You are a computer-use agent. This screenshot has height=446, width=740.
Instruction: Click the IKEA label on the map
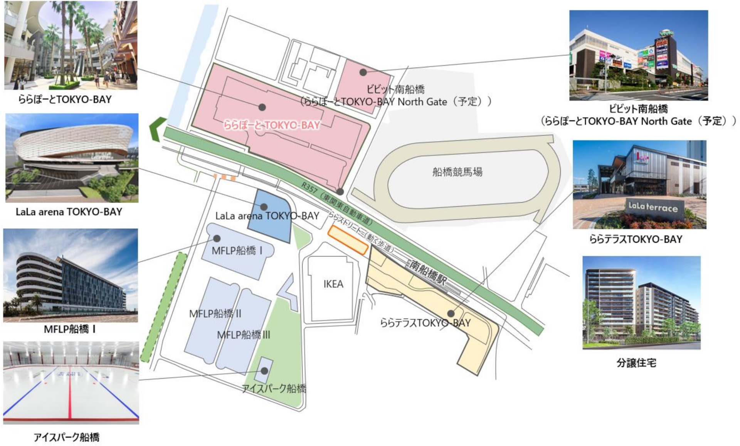[x=333, y=284]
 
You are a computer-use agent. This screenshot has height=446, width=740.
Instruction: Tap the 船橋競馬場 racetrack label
[x=457, y=172]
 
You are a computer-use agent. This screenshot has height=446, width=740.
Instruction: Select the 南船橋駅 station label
[x=428, y=272]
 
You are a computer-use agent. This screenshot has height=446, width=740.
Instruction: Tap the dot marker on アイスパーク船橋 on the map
[x=264, y=371]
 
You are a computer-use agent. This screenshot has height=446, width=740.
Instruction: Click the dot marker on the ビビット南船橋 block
[x=363, y=72]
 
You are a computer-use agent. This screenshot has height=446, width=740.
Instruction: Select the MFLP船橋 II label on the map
[x=215, y=314]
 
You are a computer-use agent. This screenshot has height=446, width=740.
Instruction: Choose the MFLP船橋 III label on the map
[x=244, y=335]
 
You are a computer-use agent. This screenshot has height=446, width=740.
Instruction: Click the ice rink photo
[x=71, y=382]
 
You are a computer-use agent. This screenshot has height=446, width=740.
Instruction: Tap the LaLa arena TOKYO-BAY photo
[x=72, y=158]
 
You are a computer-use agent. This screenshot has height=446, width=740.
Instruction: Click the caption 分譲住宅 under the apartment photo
[x=636, y=363]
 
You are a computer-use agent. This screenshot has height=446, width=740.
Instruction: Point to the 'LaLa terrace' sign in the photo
[x=653, y=207]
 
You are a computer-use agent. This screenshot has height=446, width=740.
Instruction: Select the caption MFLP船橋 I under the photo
[x=70, y=329]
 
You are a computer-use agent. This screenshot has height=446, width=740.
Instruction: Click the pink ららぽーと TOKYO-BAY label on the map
[x=272, y=125]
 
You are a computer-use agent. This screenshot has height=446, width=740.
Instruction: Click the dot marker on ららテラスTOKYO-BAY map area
[x=451, y=314]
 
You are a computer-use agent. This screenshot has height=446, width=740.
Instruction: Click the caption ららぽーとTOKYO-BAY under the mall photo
[x=65, y=99]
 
